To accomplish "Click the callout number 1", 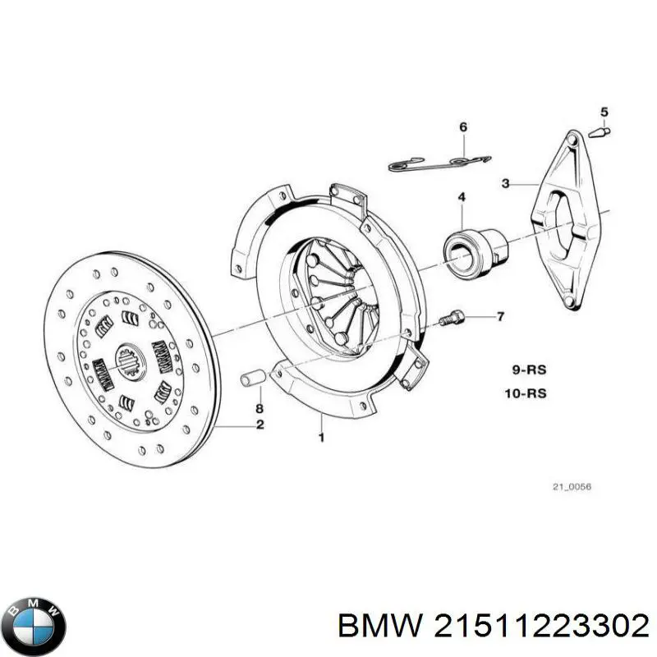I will click(x=321, y=437).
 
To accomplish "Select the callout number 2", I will click(x=260, y=425).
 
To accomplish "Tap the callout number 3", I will click(x=506, y=184).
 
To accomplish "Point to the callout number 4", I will click(x=462, y=196).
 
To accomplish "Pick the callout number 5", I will click(x=604, y=112).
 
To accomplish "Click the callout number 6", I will click(x=462, y=126).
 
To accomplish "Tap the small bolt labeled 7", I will click(x=451, y=319).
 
